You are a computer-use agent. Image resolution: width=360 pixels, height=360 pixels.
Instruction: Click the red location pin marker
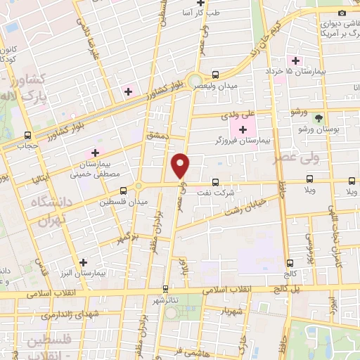[x=181, y=165]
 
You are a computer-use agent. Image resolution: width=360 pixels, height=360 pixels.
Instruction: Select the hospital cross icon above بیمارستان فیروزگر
[x=243, y=129]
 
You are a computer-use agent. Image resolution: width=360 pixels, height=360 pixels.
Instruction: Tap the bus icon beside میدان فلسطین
[x=124, y=190]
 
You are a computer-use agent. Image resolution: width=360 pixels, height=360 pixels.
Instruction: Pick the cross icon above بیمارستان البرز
[x=84, y=262]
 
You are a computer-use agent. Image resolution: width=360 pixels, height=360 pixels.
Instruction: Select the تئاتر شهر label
[x=165, y=300]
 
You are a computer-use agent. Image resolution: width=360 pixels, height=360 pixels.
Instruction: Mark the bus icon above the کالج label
[x=290, y=262]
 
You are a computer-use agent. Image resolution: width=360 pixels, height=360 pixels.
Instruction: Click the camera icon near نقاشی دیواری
[x=342, y=13]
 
